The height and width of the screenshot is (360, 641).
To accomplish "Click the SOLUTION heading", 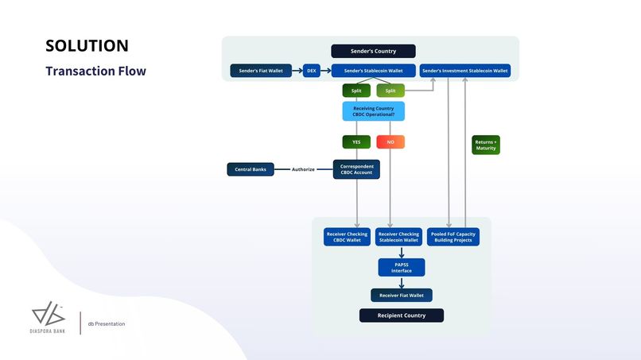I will pos(87,45).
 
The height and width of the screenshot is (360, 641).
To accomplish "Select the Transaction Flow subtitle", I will pos(95,71).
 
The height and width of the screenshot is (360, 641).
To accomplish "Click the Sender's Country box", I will pos(373,51).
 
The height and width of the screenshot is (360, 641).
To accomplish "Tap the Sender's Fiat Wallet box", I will pos(261,71).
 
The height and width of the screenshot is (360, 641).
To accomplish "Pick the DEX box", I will pos(311,71).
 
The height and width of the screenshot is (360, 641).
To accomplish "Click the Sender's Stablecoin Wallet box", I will pos(373,71).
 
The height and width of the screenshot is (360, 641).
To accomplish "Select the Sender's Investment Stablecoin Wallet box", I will pos(464,71).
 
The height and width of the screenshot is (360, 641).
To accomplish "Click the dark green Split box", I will pos(356,91).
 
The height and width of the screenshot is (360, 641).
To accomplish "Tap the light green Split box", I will pos(390,91).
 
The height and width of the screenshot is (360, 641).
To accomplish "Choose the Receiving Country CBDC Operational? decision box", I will pos(373,111).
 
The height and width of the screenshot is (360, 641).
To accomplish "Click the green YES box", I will pos(356,142).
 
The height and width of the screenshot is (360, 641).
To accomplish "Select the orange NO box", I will pos(390,142).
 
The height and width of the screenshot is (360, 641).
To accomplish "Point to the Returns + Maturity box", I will pos(486,145).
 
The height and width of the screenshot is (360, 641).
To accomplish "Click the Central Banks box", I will pos(251,169).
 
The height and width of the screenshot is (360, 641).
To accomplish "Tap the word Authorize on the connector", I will pos(303,169).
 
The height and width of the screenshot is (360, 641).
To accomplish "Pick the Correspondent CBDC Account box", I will pos(356,169).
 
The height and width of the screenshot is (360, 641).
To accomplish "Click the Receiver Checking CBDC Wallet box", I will pos(346,237).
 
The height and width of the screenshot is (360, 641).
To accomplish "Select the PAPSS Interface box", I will pos(401,268).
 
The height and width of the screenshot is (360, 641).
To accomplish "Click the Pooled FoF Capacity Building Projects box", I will pos(453,237).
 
